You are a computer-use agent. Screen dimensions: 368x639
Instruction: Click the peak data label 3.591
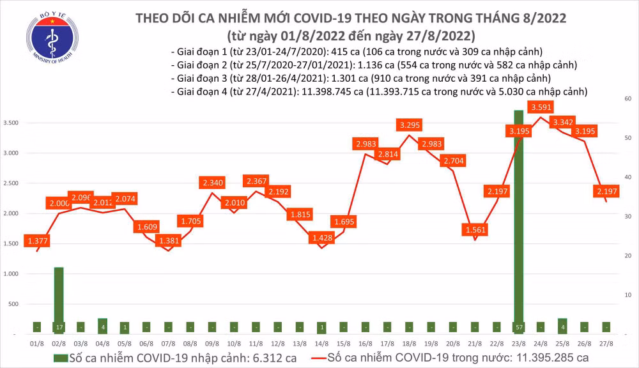tap(541, 107)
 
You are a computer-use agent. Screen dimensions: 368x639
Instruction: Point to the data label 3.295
tap(409, 125)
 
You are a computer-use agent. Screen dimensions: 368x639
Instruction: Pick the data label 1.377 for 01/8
tap(36, 241)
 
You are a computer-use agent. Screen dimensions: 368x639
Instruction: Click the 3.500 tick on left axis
tap(12, 123)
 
